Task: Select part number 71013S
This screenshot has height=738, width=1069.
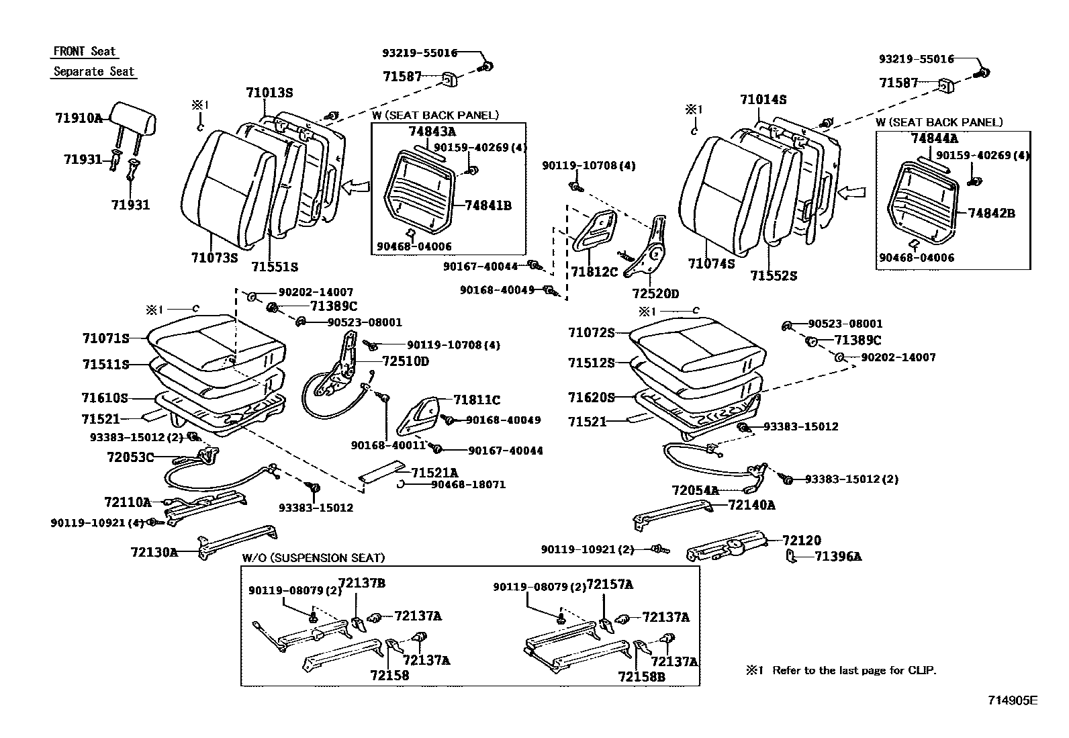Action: point(269,93)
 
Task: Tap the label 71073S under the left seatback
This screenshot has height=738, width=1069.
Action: point(214,258)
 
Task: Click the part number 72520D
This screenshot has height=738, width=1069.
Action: point(655,293)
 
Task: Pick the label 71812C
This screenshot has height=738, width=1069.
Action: point(594,272)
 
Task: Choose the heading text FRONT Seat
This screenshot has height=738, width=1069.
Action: point(85,52)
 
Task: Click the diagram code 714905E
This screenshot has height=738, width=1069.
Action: point(1013,700)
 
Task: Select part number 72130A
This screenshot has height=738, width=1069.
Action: point(154,553)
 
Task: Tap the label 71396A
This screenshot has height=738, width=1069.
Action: point(838,556)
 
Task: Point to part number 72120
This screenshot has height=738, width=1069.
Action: point(802,541)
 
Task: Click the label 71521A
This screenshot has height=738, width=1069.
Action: point(434,473)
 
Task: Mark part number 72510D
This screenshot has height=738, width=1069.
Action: point(405,361)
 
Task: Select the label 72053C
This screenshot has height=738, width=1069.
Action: point(130,457)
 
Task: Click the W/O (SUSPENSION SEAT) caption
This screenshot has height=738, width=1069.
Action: point(314,558)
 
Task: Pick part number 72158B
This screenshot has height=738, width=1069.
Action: point(641,676)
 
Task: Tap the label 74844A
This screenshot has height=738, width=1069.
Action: point(935,139)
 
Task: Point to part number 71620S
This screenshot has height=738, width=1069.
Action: point(591,398)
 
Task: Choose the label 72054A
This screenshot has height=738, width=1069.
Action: point(695,491)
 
